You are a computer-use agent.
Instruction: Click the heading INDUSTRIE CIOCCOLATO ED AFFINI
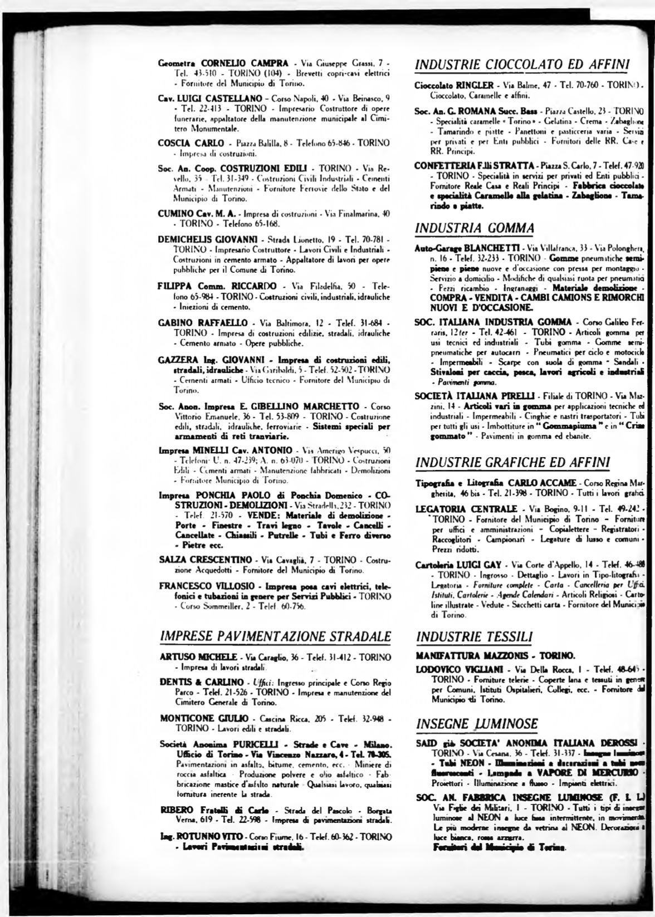[x=522, y=64]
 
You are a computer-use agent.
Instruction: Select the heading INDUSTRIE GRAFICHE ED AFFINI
[x=514, y=462]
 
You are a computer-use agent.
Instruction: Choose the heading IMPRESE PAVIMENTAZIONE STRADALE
[x=275, y=636]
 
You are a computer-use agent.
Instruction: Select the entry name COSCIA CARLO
[x=183, y=143]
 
